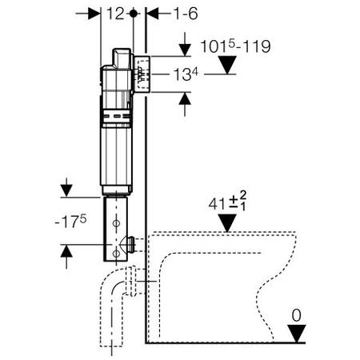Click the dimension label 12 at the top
click(115, 14)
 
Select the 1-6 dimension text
click(186, 14)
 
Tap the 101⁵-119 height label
click(235, 46)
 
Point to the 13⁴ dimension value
click(186, 74)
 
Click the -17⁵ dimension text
click(70, 222)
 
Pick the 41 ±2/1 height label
click(227, 202)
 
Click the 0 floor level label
click(296, 315)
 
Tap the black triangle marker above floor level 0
click(297, 333)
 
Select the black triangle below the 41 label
click(227, 222)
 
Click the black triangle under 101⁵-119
click(227, 65)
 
